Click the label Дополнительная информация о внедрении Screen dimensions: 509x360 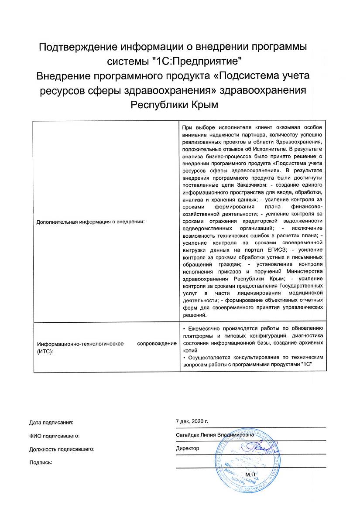[x=90, y=222]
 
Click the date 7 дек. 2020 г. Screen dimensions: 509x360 [x=192, y=422]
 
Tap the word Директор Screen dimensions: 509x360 [x=187, y=448]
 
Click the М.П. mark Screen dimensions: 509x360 [x=251, y=474]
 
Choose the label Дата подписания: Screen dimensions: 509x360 [x=51, y=422]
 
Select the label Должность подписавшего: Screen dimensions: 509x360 [x=62, y=448]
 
